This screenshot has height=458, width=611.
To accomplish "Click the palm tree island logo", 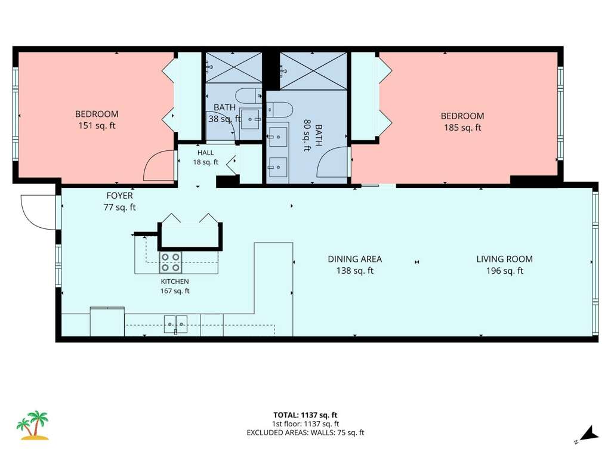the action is pos(32,425).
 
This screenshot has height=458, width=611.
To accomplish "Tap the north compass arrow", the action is pos(588,435).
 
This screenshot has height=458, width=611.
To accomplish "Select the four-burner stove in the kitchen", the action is pos(170,262).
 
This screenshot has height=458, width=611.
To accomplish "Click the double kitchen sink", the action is pos(175,324).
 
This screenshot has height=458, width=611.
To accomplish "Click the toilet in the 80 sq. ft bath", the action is pos(279,110).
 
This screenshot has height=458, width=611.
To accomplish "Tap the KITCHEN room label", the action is pos(175,281).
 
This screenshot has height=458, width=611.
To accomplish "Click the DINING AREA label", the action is pos(354,259).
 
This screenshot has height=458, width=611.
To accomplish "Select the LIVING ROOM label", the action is pos(504,259).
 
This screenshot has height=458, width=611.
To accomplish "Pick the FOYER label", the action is pos(119,196).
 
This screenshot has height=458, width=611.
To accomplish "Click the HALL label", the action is pos(205,153).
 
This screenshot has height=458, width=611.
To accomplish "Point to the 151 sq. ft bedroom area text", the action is pos(97,126).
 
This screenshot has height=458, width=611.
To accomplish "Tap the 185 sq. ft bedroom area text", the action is pos(462,128).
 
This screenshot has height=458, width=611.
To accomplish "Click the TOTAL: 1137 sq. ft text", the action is pos(305,415).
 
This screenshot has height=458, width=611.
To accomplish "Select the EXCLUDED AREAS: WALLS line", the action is pos(305,433).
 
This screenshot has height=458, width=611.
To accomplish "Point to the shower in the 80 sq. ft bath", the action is pos(313,72).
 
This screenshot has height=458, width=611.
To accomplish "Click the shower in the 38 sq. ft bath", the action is pos(234,67).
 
